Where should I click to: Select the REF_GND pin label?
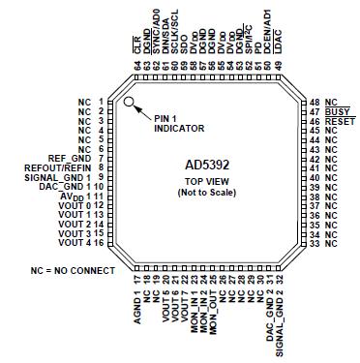(x=69, y=158)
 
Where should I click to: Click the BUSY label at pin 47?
(x=335, y=111)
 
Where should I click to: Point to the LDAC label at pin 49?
(x=279, y=42)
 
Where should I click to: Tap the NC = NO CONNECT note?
(x=72, y=270)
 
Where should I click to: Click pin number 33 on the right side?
(x=315, y=242)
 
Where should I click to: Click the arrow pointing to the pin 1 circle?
(x=143, y=110)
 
